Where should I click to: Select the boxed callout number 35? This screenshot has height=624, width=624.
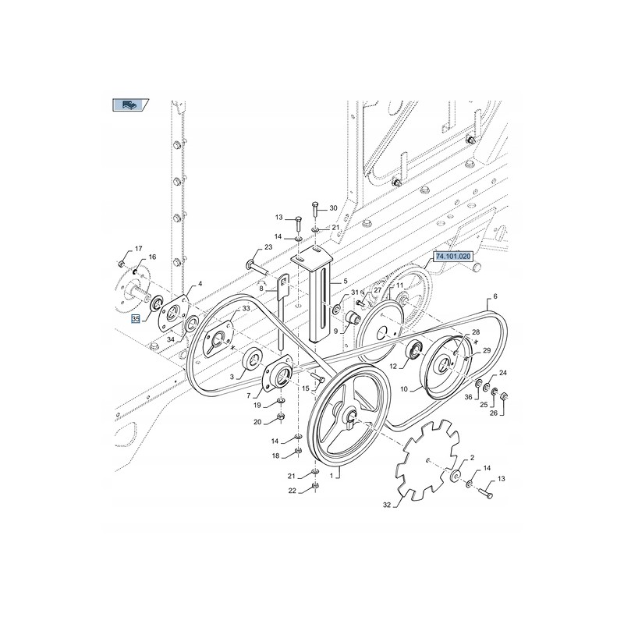pyautogui.click(x=135, y=319)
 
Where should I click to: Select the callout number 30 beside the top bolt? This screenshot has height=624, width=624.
pyautogui.click(x=333, y=208)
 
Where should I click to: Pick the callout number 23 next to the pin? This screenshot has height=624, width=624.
pyautogui.click(x=268, y=247)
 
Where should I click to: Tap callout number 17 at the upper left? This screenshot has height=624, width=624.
pyautogui.click(x=138, y=249)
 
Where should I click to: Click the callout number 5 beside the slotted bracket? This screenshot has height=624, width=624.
pyautogui.click(x=344, y=281)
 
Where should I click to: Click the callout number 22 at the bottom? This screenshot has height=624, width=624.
pyautogui.click(x=292, y=490)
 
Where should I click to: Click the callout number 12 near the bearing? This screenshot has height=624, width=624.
pyautogui.click(x=395, y=366)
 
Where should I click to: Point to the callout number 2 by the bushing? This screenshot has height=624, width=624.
pyautogui.click(x=472, y=459)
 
